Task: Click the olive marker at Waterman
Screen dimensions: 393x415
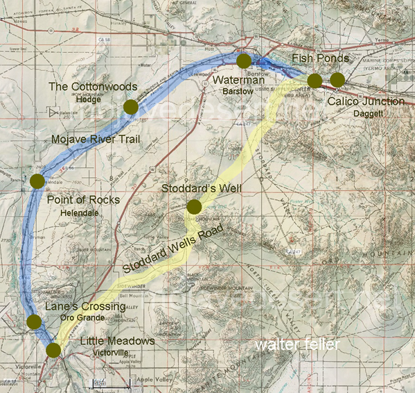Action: (243, 61)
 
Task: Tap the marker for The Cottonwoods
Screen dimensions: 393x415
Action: (130, 106)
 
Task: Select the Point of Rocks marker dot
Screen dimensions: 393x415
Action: (37, 181)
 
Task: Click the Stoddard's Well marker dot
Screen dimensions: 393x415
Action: (194, 206)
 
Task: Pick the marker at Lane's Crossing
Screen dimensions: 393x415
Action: (33, 321)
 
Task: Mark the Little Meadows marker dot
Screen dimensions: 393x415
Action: (53, 349)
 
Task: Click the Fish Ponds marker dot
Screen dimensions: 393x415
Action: (315, 81)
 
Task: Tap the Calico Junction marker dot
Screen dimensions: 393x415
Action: (337, 79)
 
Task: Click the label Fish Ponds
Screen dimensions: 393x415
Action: (320, 58)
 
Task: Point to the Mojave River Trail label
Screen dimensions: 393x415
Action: (96, 140)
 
